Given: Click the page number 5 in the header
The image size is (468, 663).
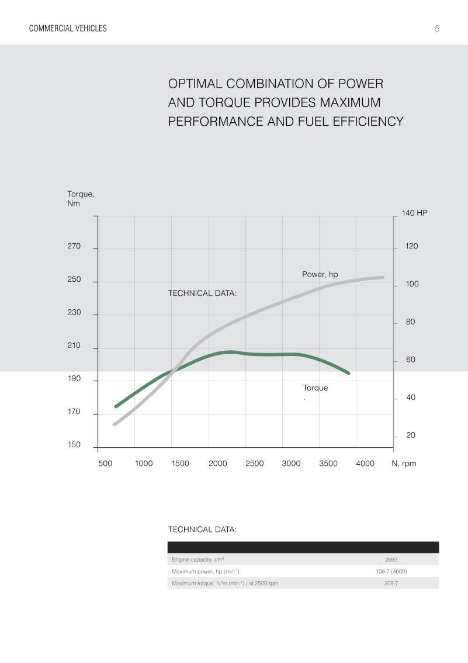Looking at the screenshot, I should coord(437,28).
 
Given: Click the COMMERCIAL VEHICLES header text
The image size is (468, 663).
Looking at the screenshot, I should coord(68,28).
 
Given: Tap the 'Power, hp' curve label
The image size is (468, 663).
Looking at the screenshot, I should coord(320,274).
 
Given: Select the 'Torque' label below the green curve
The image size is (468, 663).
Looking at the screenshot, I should coord(315,388).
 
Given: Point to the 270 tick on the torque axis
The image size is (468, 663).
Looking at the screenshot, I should coord(74,247).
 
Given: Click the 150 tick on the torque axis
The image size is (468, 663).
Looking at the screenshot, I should coord(74,445).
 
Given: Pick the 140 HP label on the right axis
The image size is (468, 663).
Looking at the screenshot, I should coord(414,213).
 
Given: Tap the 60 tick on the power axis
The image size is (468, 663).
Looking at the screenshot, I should coord(411,360).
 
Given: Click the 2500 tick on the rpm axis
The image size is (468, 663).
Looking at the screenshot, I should coord(254,464).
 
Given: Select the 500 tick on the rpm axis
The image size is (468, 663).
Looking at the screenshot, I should coord(105,464).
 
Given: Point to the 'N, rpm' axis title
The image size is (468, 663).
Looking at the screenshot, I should coord(404,464).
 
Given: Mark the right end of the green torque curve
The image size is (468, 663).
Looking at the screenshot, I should coord(348,372).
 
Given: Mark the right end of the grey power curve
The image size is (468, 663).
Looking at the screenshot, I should coord(383,277).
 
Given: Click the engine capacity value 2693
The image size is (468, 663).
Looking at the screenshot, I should coord(391,560).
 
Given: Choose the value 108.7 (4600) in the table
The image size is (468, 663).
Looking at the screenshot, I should coord(391,571).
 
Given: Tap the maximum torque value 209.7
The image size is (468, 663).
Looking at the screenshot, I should coord(391,583).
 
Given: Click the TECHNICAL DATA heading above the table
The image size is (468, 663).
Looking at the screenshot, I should coord(202,529).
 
